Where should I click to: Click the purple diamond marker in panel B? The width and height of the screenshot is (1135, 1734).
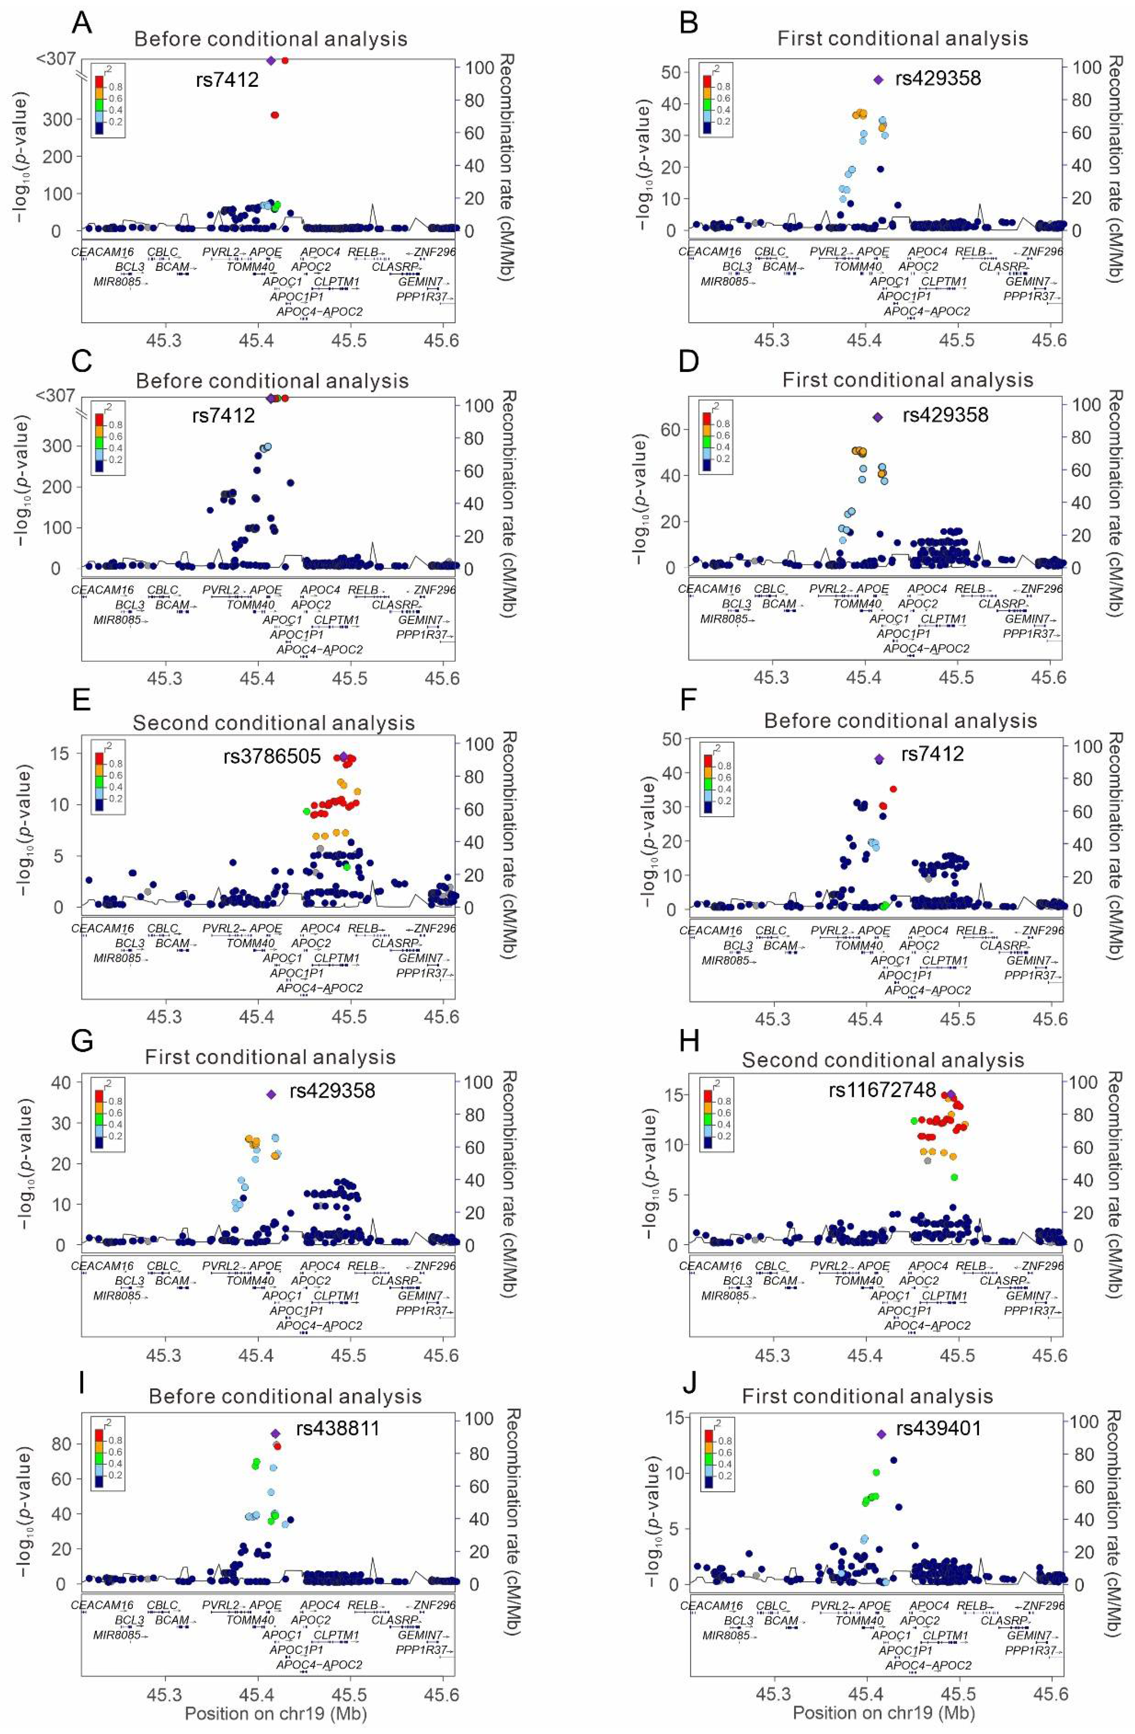(x=878, y=79)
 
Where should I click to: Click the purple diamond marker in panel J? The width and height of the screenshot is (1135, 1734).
(x=881, y=1434)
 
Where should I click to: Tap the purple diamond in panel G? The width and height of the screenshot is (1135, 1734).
(x=271, y=1094)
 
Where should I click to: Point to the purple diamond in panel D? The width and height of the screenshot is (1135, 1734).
(x=878, y=418)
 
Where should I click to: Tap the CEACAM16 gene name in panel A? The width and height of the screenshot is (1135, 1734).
(x=102, y=252)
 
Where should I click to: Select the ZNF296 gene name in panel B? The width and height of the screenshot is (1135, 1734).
(x=1042, y=251)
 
